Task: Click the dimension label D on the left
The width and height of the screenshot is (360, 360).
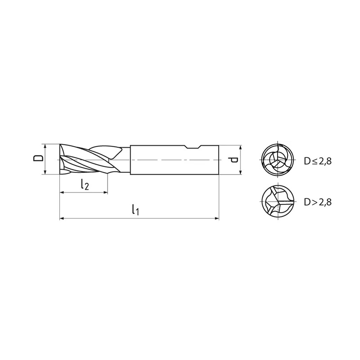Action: (x=38, y=158)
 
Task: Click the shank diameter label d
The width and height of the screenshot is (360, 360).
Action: (x=233, y=160)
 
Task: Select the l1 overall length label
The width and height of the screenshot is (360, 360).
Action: (x=136, y=209)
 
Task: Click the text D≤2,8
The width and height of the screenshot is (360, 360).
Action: (x=318, y=161)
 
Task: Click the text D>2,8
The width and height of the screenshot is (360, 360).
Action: (x=318, y=202)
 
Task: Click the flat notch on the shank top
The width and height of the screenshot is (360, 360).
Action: (x=193, y=148)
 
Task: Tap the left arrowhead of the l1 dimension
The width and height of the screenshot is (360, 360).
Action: (x=62, y=218)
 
